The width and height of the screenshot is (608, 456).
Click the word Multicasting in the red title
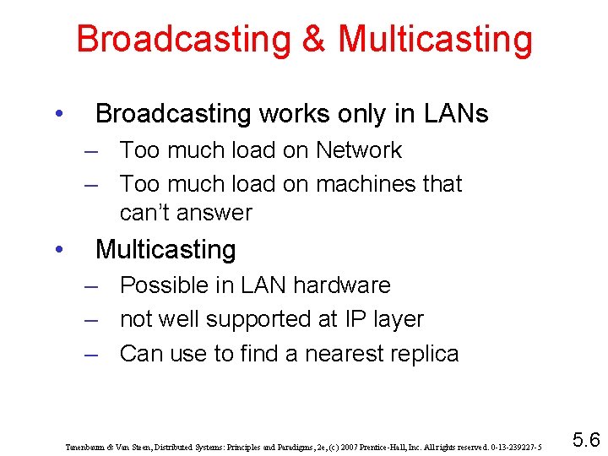pos(436,39)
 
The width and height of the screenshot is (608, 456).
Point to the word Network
pos(359,150)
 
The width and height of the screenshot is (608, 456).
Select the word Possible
pos(167,285)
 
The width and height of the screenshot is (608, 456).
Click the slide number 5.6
pos(585,438)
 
